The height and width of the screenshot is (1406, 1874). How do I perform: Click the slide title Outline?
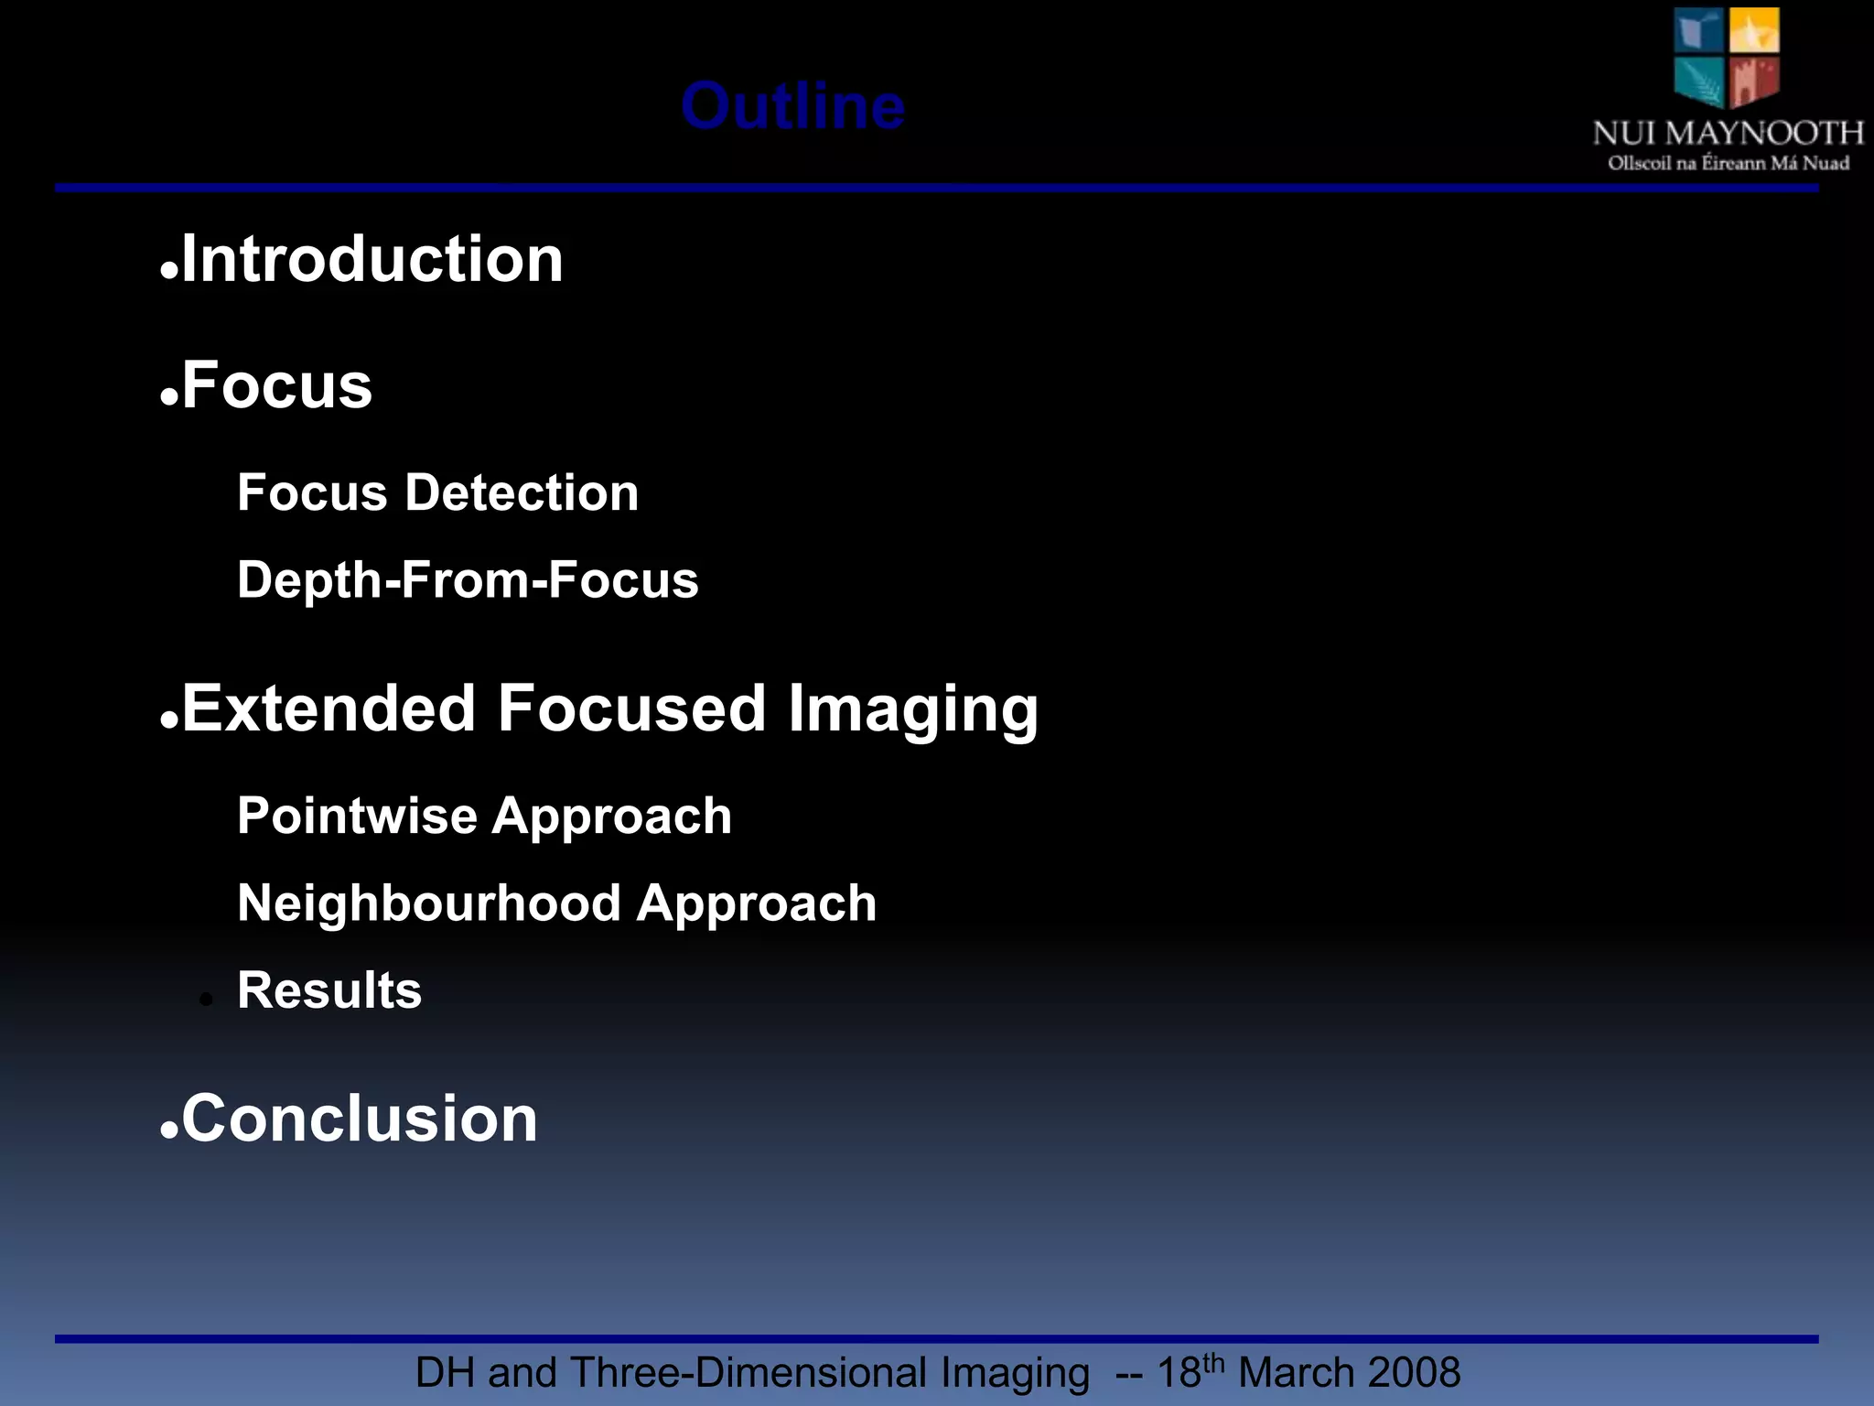(x=792, y=107)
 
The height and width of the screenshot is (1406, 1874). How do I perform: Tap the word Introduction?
(x=372, y=259)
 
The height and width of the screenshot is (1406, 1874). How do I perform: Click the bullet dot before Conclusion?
(x=168, y=1131)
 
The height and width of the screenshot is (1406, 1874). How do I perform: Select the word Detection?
(x=522, y=492)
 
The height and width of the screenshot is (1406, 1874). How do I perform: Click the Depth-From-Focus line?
(x=468, y=580)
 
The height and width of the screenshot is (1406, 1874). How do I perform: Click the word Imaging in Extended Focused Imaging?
(x=912, y=710)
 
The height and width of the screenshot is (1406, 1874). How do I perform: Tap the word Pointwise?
(x=357, y=816)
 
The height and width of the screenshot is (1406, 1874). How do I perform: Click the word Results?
(x=329, y=990)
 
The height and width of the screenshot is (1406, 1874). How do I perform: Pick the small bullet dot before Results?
(x=207, y=1000)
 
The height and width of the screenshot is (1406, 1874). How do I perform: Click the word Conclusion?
(x=360, y=1119)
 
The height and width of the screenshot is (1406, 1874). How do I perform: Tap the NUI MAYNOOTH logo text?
(x=1728, y=134)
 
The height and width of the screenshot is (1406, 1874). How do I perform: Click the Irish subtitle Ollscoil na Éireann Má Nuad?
(x=1728, y=164)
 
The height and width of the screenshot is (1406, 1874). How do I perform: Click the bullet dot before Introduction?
(x=168, y=272)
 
